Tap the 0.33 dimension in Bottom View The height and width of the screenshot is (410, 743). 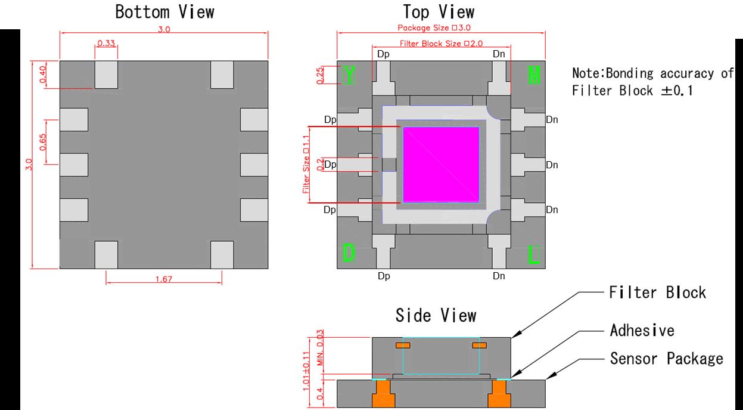pyautogui.click(x=106, y=42)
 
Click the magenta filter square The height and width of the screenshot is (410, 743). pyautogui.click(x=441, y=165)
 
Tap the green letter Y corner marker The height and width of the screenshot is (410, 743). pyautogui.click(x=349, y=75)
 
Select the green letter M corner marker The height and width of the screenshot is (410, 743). pyautogui.click(x=534, y=75)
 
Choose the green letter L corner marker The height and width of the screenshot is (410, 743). pyautogui.click(x=534, y=255)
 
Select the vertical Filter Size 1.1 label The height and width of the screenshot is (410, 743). pyautogui.click(x=306, y=165)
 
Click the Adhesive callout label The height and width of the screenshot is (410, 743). pyautogui.click(x=642, y=330)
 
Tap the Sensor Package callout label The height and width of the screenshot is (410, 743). pyautogui.click(x=666, y=358)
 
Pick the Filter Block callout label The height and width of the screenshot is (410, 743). pyautogui.click(x=657, y=292)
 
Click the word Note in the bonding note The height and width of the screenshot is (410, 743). pyautogui.click(x=586, y=73)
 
